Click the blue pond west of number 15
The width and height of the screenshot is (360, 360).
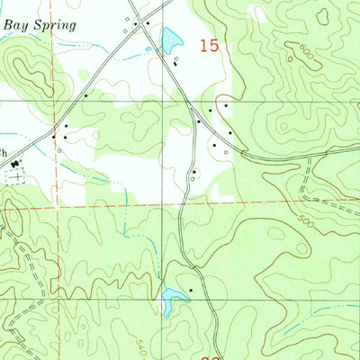tap(169, 39)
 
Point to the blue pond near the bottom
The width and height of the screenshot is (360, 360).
tap(169, 301)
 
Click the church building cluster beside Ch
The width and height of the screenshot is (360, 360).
tap(15, 163)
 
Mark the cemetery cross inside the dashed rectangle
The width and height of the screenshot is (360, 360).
tap(13, 177)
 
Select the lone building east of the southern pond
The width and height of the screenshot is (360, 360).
tap(191, 292)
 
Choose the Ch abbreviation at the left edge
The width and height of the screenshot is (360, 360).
tap(4, 150)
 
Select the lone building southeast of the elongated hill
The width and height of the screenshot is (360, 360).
tap(85, 94)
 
